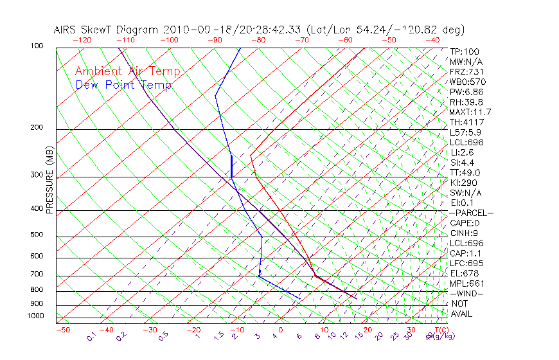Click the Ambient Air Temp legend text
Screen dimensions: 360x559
point(127,71)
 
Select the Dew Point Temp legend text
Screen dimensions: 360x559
point(123,85)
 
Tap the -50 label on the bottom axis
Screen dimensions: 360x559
point(62,330)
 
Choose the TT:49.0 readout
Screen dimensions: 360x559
point(465,172)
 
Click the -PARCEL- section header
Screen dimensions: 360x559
point(471,213)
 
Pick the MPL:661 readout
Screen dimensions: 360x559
point(467,283)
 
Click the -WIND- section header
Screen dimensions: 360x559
point(467,293)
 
